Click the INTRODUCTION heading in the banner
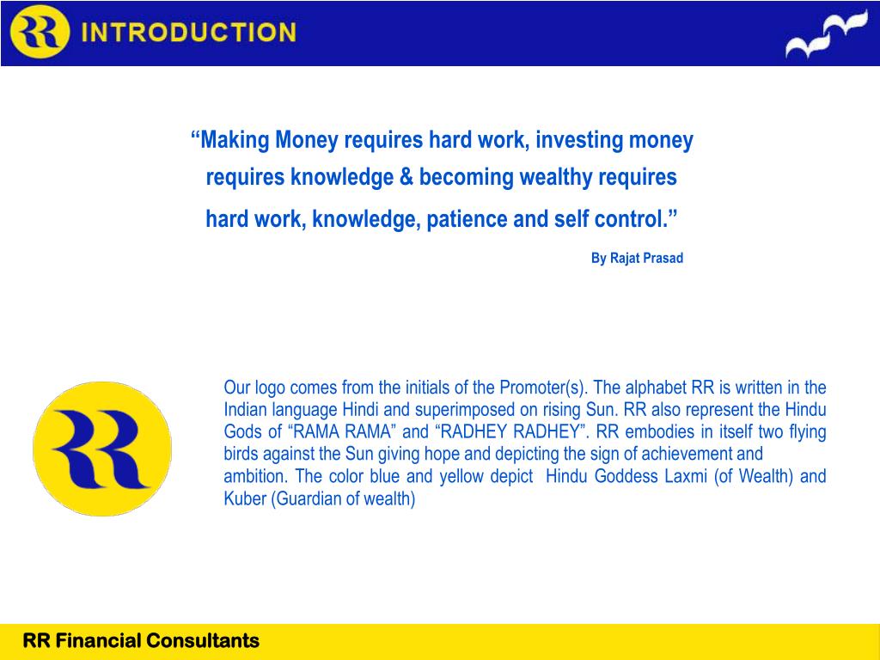tap(188, 34)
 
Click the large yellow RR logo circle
tap(102, 449)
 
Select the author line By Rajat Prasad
tap(637, 259)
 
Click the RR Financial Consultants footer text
tap(141, 641)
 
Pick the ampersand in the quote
tap(406, 178)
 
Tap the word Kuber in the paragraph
tap(245, 498)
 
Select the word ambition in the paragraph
tap(255, 476)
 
